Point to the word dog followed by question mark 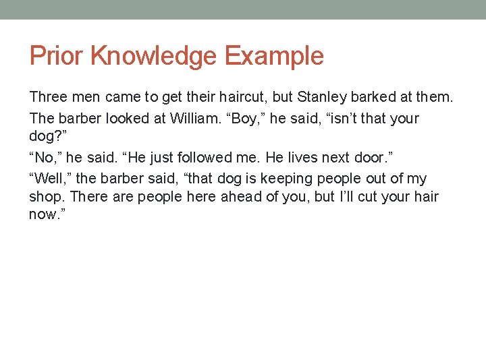pyautogui.click(x=44, y=137)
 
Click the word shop pyautogui.click(x=47, y=198)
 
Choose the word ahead pyautogui.click(x=240, y=197)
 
